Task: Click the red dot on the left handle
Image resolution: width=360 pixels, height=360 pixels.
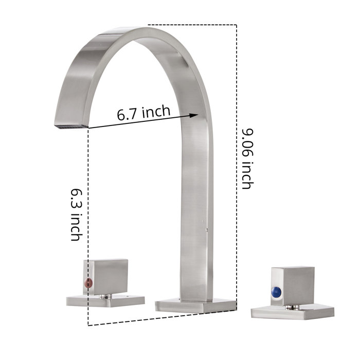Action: (x=86, y=282)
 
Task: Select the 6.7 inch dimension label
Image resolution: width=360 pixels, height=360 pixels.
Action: (x=143, y=112)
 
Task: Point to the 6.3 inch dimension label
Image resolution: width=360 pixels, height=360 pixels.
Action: (x=77, y=213)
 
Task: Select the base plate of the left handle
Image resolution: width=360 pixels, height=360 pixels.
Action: (x=105, y=300)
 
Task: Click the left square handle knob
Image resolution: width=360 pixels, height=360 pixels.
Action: (x=105, y=277)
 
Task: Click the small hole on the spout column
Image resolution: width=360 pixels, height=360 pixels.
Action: (x=207, y=225)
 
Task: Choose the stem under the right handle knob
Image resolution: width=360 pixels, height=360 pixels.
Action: (x=295, y=307)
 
